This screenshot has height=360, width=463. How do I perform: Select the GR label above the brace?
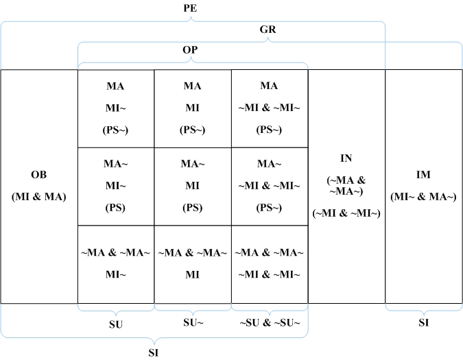click(268, 30)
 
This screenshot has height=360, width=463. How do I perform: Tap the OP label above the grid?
click(191, 50)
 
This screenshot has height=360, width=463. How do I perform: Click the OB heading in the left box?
click(38, 175)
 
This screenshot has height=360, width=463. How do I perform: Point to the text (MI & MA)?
click(38, 197)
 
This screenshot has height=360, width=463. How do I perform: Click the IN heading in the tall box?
click(346, 158)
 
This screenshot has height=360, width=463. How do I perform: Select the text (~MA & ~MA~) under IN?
click(346, 186)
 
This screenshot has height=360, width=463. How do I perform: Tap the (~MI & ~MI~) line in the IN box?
click(346, 214)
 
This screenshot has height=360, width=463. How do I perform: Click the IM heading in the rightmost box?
click(423, 175)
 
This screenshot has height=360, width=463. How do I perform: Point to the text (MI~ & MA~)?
click(423, 197)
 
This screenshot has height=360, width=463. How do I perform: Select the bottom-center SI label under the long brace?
click(155, 352)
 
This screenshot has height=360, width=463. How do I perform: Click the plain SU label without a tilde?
click(116, 324)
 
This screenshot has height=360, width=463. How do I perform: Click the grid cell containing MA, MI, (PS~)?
click(193, 108)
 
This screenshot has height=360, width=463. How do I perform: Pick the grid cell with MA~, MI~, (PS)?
click(116, 186)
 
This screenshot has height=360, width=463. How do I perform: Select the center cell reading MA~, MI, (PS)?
click(193, 186)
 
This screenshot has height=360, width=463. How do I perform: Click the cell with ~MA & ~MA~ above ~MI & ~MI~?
click(270, 264)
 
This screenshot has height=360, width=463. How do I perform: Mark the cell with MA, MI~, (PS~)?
click(116, 108)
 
